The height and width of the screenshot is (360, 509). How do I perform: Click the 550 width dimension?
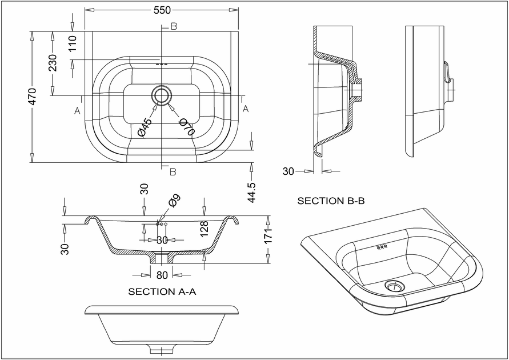(x=162, y=10)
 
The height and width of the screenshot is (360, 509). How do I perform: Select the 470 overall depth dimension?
(x=33, y=97)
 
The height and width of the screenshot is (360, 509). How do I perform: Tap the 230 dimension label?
(x=52, y=63)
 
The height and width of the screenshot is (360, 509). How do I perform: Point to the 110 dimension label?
(x=72, y=43)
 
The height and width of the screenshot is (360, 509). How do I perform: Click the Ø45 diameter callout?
(x=145, y=127)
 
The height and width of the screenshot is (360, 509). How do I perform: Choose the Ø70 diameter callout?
(x=187, y=127)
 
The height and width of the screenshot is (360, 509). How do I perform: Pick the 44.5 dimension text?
(x=252, y=192)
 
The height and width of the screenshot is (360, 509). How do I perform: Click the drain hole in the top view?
(x=161, y=95)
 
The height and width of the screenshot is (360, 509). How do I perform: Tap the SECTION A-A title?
(x=162, y=291)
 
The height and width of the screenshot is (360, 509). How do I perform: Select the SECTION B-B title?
(x=331, y=201)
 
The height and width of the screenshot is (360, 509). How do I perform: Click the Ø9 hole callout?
(x=174, y=201)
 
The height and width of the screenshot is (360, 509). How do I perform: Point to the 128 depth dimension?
(x=205, y=229)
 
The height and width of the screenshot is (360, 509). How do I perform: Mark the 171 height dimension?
(x=268, y=235)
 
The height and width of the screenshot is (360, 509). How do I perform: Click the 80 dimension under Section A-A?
(x=162, y=275)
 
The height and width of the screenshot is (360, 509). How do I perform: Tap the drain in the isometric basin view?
(x=395, y=286)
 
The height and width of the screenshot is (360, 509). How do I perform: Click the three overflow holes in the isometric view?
(x=382, y=247)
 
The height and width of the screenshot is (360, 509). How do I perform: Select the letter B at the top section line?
(x=174, y=27)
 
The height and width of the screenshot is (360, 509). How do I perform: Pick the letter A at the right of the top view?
(x=246, y=109)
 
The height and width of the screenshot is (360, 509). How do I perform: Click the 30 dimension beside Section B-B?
(x=288, y=171)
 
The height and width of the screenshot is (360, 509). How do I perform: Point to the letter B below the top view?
(x=173, y=172)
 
